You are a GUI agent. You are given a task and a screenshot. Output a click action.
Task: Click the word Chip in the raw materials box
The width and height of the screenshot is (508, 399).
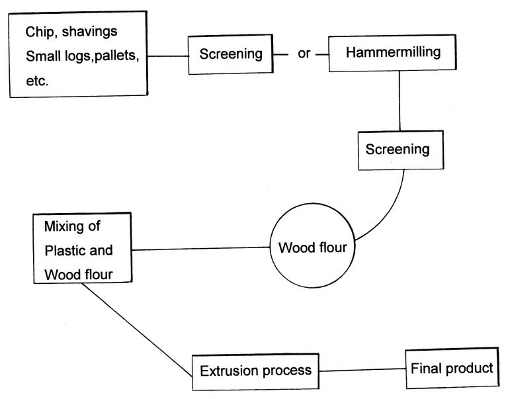39,32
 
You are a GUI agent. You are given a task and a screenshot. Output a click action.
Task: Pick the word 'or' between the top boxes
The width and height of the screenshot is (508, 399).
304,54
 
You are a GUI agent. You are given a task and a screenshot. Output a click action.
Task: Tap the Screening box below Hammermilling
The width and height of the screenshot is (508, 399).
398,149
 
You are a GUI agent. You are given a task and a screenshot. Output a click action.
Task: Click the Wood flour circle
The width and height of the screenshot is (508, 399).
313,248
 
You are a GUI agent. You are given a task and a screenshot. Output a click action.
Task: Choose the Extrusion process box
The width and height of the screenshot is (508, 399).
255,369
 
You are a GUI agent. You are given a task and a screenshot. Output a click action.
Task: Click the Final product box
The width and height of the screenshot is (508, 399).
452,367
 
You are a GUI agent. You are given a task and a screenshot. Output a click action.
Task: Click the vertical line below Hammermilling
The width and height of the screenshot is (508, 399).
400,99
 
